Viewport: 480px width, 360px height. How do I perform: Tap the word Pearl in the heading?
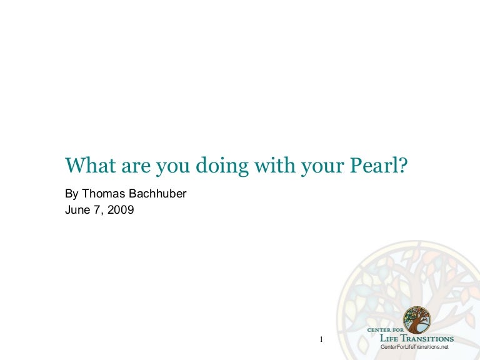(x=374, y=165)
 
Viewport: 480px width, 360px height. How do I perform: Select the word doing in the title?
(x=222, y=166)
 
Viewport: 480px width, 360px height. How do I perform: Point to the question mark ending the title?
(x=404, y=165)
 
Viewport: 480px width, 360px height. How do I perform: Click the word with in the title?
(x=274, y=165)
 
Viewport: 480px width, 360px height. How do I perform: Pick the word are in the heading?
(x=136, y=167)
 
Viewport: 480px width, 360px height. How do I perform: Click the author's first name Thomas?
(x=104, y=194)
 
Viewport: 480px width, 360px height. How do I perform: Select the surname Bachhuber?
(x=157, y=194)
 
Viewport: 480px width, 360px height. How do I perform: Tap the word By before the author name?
(x=72, y=194)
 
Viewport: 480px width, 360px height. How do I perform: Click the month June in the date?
(x=77, y=210)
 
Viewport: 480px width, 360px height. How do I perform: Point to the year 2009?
(x=121, y=210)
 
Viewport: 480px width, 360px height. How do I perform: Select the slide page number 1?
(x=321, y=339)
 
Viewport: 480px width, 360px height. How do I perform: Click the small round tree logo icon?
(x=417, y=320)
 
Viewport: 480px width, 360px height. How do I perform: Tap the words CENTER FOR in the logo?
(x=386, y=330)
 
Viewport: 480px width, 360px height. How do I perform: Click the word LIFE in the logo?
(x=389, y=338)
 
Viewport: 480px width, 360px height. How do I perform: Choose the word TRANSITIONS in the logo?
(x=427, y=338)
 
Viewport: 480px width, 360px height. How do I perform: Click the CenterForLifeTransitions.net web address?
(x=414, y=347)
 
